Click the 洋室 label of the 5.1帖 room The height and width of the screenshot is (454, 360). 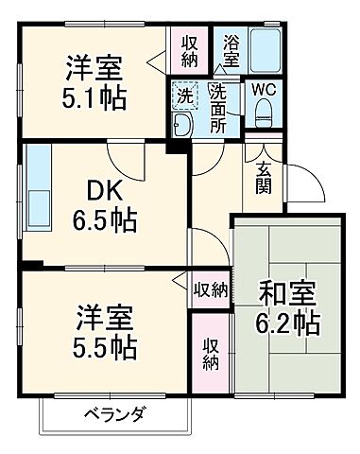click(94, 68)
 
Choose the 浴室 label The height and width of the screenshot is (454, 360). click(231, 47)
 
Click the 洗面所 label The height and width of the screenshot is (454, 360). click(219, 107)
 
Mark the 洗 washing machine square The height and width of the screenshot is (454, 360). click(183, 95)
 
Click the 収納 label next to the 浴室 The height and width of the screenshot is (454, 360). click(189, 50)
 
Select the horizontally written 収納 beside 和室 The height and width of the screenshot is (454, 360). click(211, 289)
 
